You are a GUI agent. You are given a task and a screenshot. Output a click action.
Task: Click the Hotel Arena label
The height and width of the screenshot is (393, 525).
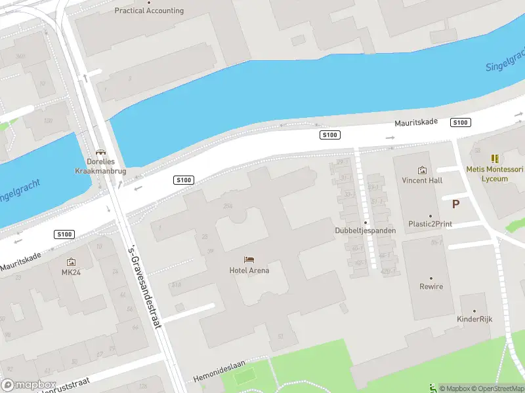pos(249,270)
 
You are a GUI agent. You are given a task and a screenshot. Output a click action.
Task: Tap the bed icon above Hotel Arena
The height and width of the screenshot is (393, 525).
pos(249,260)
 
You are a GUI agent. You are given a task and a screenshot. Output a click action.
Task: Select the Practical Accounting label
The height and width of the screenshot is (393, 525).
pos(149,10)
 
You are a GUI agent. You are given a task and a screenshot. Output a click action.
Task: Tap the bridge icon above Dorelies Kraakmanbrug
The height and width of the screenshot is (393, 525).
pos(101,152)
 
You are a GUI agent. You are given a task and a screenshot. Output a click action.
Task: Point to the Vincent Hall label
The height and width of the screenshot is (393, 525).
pos(422,180)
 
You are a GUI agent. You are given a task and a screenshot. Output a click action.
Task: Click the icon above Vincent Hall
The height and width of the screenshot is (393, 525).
pos(422,170)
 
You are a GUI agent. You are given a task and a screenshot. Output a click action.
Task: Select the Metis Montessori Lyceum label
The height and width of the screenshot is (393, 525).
pos(495,174)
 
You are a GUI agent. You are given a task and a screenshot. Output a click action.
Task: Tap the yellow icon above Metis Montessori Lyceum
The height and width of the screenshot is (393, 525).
pos(495,159)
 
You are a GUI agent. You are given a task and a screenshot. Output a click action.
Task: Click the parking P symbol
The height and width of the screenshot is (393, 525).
pos(456,204)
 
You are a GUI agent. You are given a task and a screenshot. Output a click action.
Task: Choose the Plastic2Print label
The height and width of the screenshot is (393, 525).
pos(430,224)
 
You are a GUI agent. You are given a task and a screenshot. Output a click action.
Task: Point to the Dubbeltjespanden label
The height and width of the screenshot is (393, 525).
pos(366,231)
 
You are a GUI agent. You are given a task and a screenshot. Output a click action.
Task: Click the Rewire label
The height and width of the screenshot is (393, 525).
pos(431,286)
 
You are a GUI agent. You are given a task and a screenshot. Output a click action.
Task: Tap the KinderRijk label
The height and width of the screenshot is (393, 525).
pos(474,319)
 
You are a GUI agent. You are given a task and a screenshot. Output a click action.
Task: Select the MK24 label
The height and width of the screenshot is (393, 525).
pos(71,272)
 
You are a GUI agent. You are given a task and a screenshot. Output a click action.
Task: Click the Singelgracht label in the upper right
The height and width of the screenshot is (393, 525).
pos(504,61)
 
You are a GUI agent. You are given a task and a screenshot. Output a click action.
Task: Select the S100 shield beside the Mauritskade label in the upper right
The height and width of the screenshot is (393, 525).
pos(461,122)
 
